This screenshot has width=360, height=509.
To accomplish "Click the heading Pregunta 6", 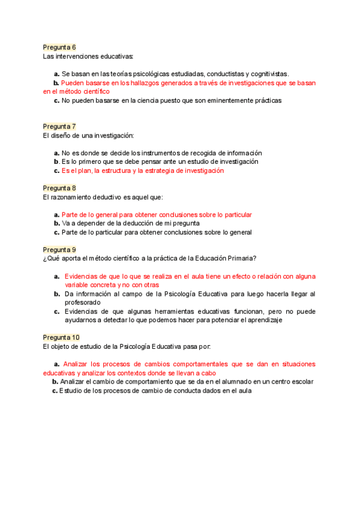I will pyautogui.click(x=59, y=47).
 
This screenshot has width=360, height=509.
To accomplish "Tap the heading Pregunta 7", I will pyautogui.click(x=59, y=126).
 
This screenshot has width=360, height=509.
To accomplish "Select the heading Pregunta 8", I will pyautogui.click(x=59, y=188).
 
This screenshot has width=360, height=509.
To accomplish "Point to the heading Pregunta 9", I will pyautogui.click(x=59, y=249).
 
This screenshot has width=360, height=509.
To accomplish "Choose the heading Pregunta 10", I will pyautogui.click(x=61, y=337).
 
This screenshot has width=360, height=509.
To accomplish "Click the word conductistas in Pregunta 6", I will pyautogui.click(x=231, y=74).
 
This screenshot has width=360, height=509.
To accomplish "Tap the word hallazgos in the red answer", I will pyautogui.click(x=148, y=83).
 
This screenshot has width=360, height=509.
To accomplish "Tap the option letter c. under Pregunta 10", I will pyautogui.click(x=55, y=391).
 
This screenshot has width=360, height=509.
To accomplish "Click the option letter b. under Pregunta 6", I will pyautogui.click(x=56, y=83).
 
